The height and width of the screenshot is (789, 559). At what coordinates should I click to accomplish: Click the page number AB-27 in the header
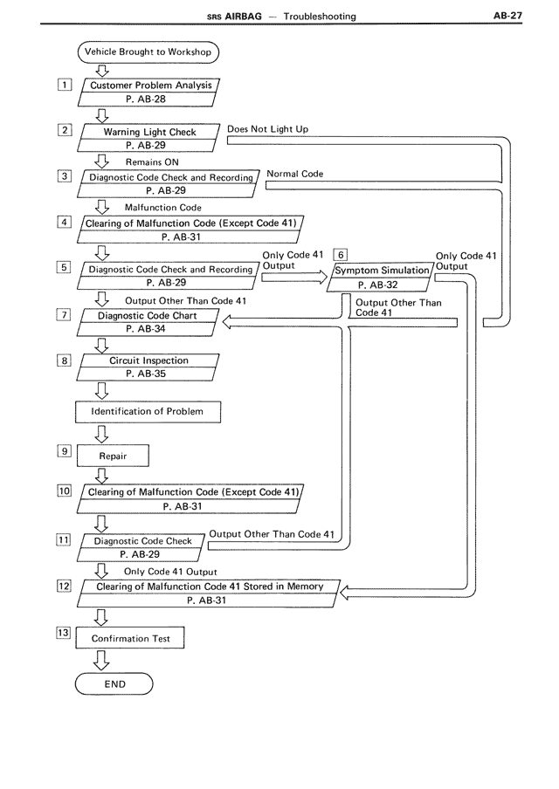click(507, 16)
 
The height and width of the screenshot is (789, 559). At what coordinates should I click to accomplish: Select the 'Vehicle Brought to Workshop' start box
click(148, 51)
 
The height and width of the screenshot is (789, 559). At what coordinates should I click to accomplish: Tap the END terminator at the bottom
click(114, 684)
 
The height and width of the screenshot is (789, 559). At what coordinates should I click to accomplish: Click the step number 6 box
click(341, 255)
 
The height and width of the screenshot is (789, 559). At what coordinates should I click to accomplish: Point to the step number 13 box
click(64, 633)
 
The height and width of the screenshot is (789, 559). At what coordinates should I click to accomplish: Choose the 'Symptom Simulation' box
click(381, 278)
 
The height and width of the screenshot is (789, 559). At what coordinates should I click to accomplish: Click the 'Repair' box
click(113, 456)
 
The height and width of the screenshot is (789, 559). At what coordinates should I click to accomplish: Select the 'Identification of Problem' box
click(148, 412)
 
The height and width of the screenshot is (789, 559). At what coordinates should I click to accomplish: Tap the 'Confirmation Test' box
click(130, 638)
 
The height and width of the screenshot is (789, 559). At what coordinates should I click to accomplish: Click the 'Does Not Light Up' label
click(267, 129)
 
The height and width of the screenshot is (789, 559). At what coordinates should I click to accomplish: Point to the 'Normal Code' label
click(294, 174)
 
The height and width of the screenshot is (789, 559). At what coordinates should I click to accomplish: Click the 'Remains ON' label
click(152, 162)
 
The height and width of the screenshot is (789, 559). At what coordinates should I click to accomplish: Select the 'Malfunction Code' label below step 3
click(163, 208)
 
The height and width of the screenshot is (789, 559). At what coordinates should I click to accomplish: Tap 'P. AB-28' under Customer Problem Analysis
click(146, 99)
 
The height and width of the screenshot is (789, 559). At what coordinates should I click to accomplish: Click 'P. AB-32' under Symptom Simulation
click(377, 285)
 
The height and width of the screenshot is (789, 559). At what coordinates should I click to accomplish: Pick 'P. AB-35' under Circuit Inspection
click(146, 374)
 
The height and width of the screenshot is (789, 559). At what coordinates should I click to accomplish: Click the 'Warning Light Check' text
click(149, 132)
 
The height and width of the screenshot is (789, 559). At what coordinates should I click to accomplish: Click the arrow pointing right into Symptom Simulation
click(294, 277)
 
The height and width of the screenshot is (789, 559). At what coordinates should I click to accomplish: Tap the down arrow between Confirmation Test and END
click(101, 660)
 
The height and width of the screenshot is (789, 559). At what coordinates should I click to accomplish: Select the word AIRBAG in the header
click(243, 16)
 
